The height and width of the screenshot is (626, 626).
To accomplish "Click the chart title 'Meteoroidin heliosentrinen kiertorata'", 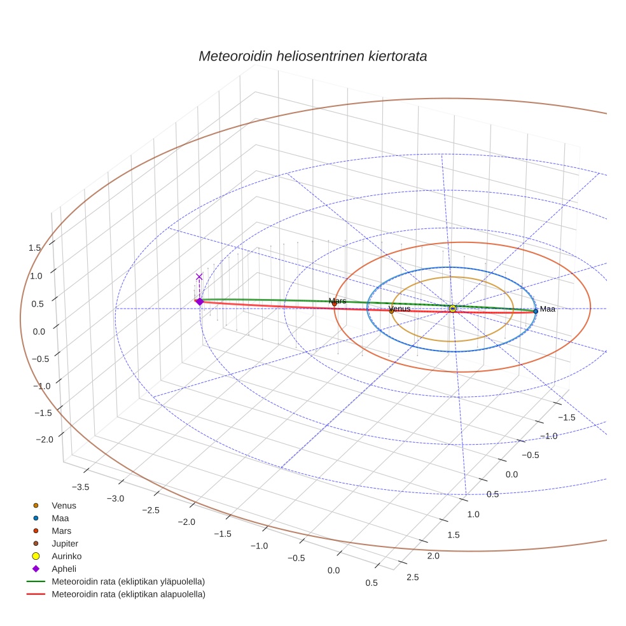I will click(312, 56).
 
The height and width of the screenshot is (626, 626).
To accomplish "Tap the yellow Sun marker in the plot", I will click(452, 309).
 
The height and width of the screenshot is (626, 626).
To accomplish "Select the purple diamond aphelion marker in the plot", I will click(199, 302).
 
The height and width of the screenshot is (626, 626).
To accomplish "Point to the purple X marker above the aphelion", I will click(199, 277).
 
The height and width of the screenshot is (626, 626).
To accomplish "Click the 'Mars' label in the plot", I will click(337, 300).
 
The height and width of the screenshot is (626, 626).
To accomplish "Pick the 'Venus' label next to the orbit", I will click(400, 309).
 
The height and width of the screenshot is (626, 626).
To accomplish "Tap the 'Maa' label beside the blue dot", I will click(547, 309).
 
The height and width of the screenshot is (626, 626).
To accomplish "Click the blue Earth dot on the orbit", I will click(536, 310).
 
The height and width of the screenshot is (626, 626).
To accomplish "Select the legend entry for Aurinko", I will click(66, 556).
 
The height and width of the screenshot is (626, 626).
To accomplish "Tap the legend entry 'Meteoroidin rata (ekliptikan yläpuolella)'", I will click(127, 581).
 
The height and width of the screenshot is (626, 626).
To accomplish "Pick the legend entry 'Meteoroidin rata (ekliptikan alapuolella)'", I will click(127, 594).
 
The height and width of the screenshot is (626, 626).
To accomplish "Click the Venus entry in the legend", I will click(64, 505).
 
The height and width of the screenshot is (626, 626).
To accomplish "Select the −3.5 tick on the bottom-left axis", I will click(80, 487).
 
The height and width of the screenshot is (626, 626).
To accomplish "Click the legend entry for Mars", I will click(61, 531).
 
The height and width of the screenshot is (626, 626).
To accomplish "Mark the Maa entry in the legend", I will click(60, 518).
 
